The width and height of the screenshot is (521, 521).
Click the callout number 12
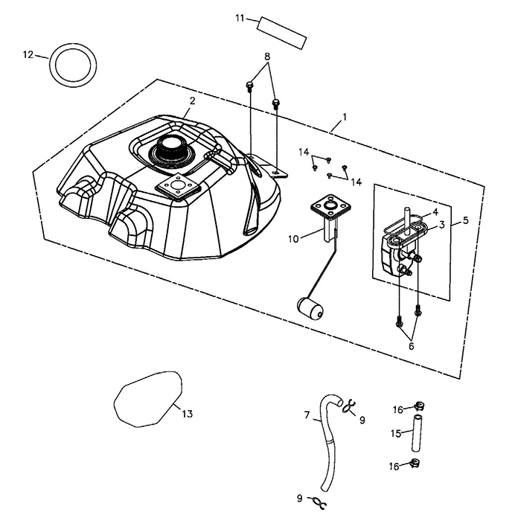coord(28,54)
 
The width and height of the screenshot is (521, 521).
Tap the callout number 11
coord(240,17)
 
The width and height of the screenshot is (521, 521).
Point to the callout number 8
coord(266,57)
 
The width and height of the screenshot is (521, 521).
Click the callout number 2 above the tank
coord(192,100)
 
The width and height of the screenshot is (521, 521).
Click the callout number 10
coord(295,239)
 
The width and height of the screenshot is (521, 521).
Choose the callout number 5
coord(466,220)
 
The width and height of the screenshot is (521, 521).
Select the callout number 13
coord(187,414)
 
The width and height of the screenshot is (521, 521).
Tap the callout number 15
coord(397,432)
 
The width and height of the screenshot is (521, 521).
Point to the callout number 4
coord(435,212)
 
